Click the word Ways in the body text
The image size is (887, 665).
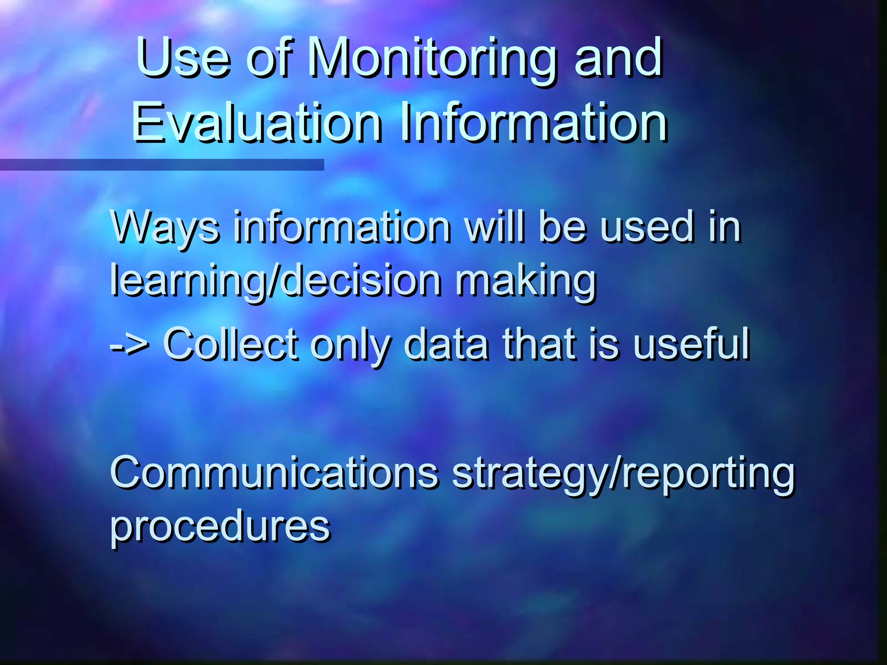164,228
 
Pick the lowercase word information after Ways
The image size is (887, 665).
342,227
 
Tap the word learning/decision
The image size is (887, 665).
275,281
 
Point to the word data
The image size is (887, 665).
446,344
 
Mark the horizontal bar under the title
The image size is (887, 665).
162,165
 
